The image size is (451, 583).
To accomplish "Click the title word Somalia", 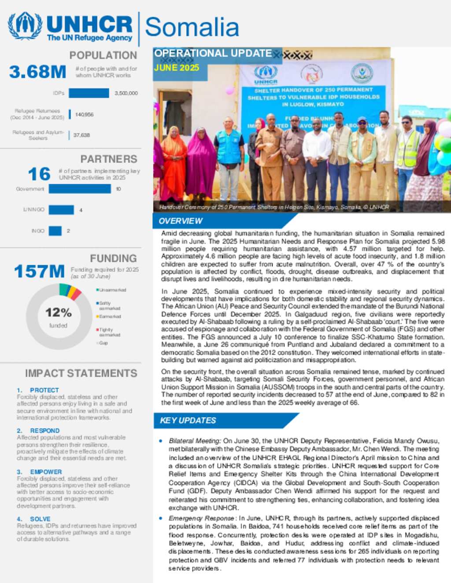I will [x=192, y=27].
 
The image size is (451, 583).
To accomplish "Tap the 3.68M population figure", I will [x=38, y=72].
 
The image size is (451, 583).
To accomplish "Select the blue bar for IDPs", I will [x=89, y=93].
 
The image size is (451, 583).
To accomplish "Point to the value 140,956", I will [x=84, y=114].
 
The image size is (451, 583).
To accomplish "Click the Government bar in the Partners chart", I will [x=80, y=189].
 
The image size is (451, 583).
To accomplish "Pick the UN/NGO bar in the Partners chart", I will [x=61, y=210].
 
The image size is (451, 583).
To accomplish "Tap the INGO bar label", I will [x=38, y=231].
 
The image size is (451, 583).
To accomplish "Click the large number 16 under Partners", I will [x=39, y=174].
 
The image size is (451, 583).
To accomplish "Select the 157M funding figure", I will [x=39, y=271].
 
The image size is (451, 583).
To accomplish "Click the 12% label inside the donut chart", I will [x=58, y=312].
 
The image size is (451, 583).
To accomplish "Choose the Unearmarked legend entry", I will [x=112, y=290].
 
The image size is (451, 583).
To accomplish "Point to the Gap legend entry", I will [x=103, y=343].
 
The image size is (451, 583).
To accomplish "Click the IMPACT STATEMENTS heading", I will [x=81, y=373].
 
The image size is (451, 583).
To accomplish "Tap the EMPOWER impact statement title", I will [x=46, y=472].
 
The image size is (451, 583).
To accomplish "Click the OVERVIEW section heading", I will [x=181, y=221].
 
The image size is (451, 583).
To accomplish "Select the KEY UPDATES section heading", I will [x=188, y=420].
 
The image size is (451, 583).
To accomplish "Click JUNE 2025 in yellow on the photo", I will [x=177, y=68].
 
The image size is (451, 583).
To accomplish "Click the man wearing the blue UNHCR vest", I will [x=229, y=154].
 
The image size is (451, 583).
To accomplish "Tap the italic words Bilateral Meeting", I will [x=195, y=441].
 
